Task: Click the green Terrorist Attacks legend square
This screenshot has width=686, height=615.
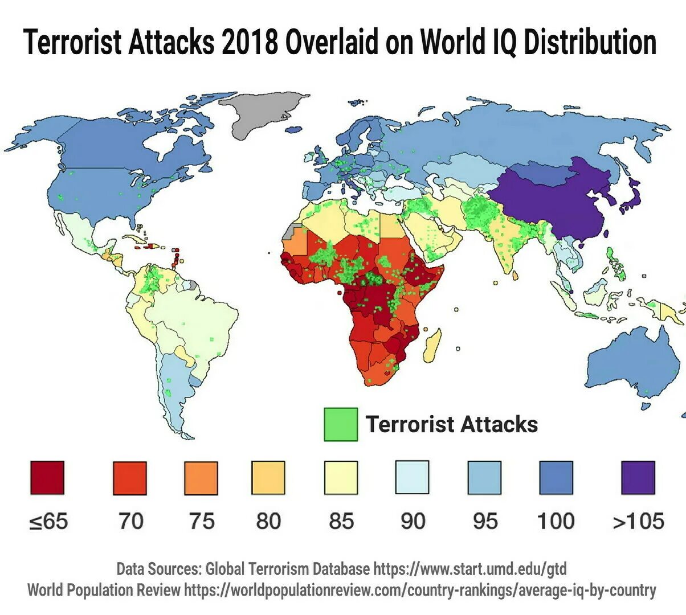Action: (x=341, y=424)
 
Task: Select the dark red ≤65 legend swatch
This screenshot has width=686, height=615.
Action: (x=47, y=478)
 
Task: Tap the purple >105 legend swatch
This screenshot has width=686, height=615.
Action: (x=638, y=478)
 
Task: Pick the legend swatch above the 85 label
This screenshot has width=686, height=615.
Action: (x=341, y=478)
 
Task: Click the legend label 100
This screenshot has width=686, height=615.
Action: (x=556, y=521)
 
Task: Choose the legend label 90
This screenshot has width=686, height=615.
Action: (x=413, y=521)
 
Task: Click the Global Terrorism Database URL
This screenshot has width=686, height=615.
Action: (x=470, y=568)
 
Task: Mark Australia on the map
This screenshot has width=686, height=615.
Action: (x=632, y=364)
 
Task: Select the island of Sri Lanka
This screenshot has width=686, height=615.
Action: (x=516, y=276)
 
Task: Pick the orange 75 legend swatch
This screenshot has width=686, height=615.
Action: (x=201, y=478)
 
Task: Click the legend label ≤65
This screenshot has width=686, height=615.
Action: (x=48, y=521)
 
